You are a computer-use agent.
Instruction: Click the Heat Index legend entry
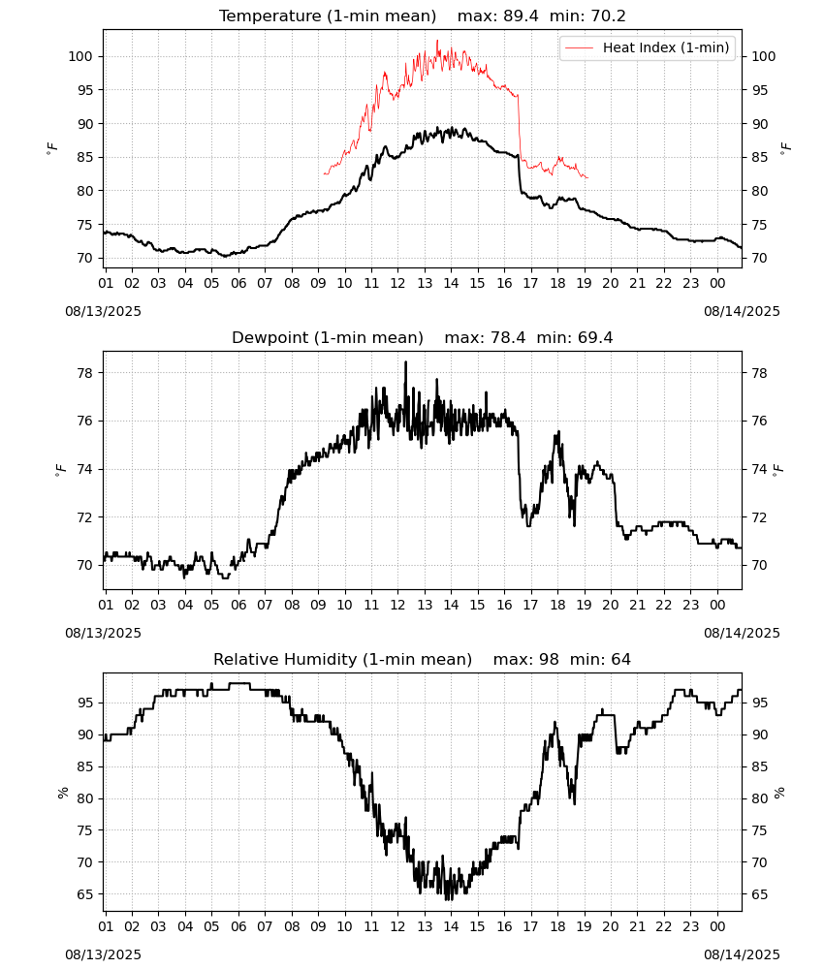[648, 47]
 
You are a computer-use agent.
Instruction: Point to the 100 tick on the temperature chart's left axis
[81, 56]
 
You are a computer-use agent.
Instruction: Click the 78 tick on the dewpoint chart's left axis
[85, 373]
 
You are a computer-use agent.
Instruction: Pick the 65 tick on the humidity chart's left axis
[85, 894]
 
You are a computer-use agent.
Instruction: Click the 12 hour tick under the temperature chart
[397, 283]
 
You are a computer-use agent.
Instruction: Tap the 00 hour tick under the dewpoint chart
[717, 605]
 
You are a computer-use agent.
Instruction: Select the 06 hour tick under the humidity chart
[238, 927]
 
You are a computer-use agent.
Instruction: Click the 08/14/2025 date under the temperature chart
[742, 311]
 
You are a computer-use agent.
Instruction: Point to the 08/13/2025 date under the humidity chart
[103, 954]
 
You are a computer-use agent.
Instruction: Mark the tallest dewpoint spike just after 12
[405, 362]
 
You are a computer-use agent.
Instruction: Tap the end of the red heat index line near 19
[587, 178]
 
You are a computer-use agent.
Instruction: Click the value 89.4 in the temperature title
[521, 16]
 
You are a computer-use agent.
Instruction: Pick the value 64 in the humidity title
[620, 659]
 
